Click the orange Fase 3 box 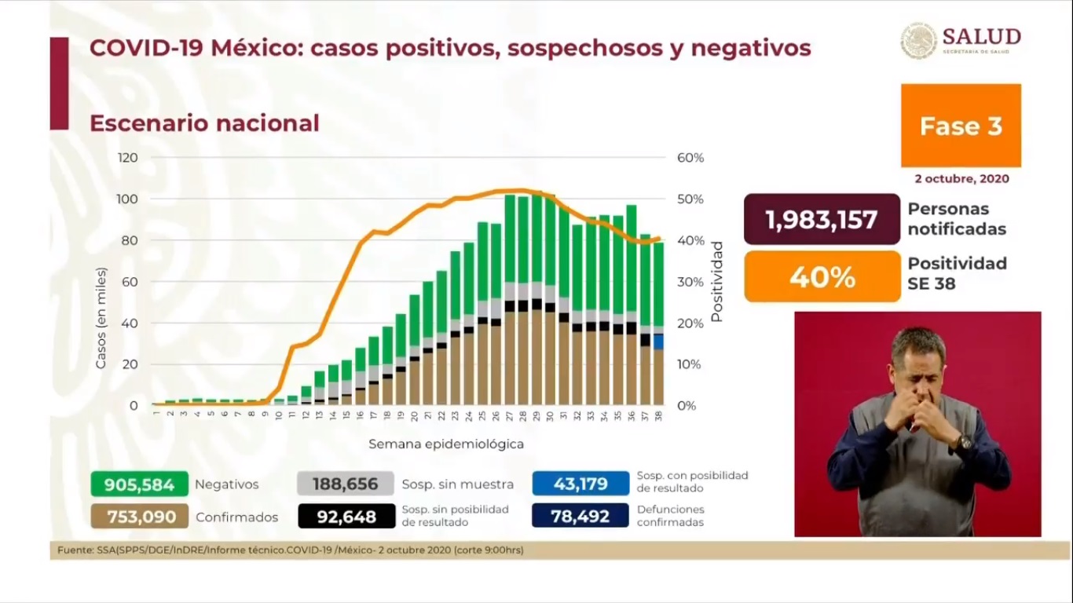point(961,126)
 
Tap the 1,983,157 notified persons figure point(822,220)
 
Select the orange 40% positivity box point(822,276)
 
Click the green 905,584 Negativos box point(139,484)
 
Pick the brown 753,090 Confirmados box point(139,517)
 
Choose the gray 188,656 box point(346,484)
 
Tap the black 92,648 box point(346,517)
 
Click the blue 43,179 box point(580,484)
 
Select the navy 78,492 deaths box point(580,517)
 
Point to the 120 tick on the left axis point(128,158)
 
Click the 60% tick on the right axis point(690,158)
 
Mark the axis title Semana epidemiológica point(446,444)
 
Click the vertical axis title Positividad point(716,282)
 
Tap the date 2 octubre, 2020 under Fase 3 point(961,179)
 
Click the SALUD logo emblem point(918,41)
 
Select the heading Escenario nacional point(204,123)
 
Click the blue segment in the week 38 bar point(658,342)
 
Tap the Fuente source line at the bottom point(291,550)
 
